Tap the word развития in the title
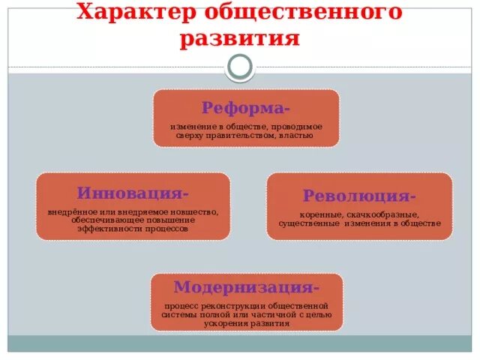pyautogui.click(x=239, y=38)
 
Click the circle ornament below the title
pyautogui.click(x=240, y=67)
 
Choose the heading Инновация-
pyautogui.click(x=133, y=193)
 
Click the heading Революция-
pyautogui.click(x=359, y=196)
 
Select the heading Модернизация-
pyautogui.click(x=247, y=287)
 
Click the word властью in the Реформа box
pyautogui.click(x=295, y=136)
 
